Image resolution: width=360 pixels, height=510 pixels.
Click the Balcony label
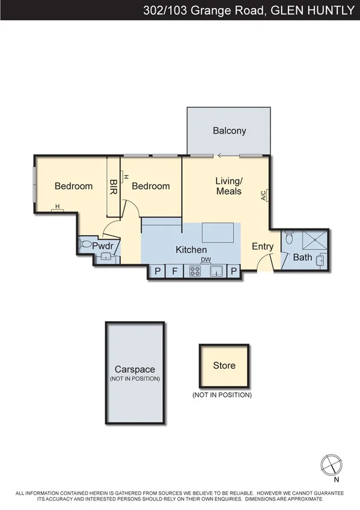click(x=230, y=131)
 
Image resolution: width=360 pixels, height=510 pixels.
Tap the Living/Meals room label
click(x=228, y=186)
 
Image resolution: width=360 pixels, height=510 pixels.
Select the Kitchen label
click(x=191, y=250)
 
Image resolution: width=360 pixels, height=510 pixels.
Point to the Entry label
click(x=263, y=247)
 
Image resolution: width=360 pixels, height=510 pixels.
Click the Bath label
click(x=302, y=257)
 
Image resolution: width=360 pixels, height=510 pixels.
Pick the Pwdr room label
click(x=103, y=246)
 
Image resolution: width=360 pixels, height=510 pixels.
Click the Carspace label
click(x=135, y=369)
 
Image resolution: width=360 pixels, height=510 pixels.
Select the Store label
click(x=224, y=365)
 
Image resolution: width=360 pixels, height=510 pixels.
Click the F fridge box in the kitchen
click(x=175, y=271)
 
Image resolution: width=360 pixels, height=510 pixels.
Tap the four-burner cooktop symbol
click(x=195, y=271)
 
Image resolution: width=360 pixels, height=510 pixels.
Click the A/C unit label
click(x=263, y=195)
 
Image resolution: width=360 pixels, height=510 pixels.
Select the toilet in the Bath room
click(x=289, y=238)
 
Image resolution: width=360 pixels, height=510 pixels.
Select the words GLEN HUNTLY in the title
click(x=312, y=10)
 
